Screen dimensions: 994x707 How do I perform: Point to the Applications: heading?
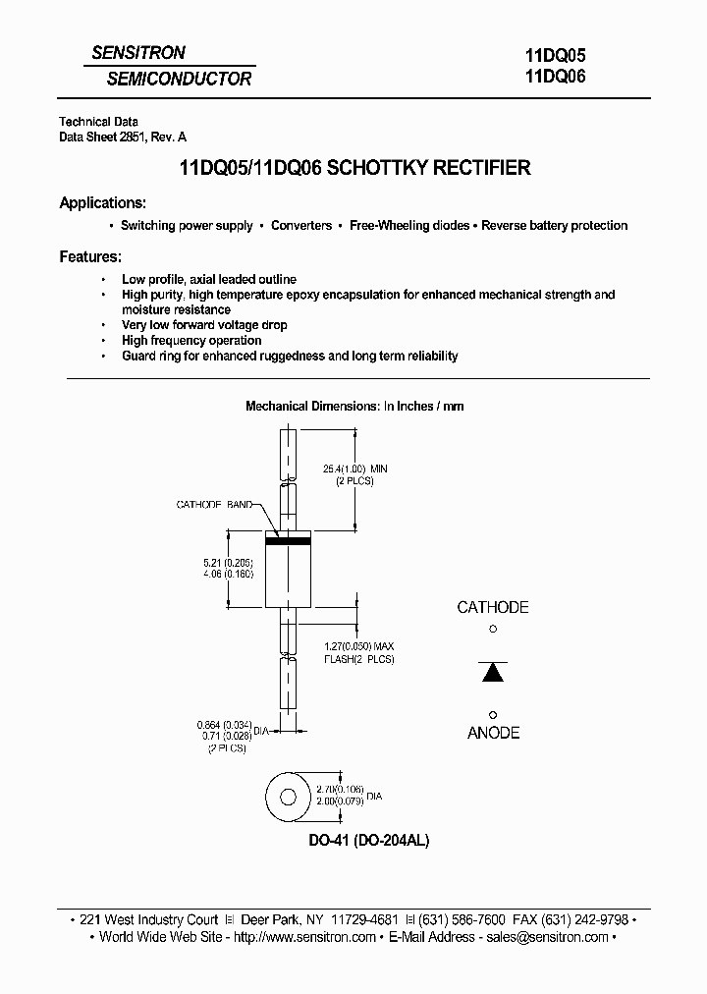pyautogui.click(x=103, y=203)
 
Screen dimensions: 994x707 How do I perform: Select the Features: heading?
pyautogui.click(x=90, y=256)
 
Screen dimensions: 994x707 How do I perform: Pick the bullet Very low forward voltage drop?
pyautogui.click(x=204, y=325)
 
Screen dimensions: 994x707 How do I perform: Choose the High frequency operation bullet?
pyautogui.click(x=190, y=341)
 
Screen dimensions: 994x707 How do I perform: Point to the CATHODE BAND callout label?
pyautogui.click(x=213, y=505)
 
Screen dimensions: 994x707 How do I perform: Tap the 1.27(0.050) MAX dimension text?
pyautogui.click(x=359, y=646)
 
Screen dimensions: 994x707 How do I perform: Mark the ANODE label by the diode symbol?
pyautogui.click(x=493, y=733)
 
